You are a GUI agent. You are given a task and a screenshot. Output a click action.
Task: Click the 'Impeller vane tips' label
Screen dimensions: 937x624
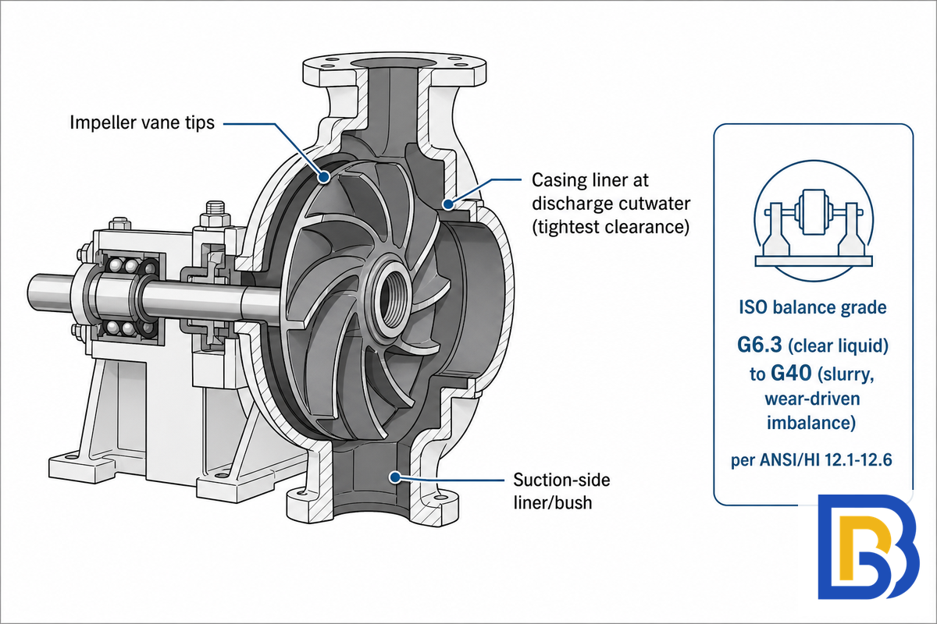pos(142,123)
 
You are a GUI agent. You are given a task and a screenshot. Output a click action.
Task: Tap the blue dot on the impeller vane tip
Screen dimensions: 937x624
pos(323,177)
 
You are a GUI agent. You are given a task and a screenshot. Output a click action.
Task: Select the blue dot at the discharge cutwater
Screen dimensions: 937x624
pos(448,204)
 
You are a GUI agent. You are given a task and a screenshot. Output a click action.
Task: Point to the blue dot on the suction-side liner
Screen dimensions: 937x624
pos(394,477)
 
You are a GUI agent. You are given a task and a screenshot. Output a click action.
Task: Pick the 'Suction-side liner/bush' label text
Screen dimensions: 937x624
pos(561,491)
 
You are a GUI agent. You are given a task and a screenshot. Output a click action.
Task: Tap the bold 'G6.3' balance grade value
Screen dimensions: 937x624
pos(759,346)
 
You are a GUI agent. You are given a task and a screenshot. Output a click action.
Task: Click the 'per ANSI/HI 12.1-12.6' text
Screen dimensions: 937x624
pos(811,460)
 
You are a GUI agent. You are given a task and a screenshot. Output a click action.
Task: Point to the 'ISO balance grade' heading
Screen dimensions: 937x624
pos(812,307)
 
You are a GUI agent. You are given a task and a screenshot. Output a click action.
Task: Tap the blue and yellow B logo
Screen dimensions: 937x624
pos(868,547)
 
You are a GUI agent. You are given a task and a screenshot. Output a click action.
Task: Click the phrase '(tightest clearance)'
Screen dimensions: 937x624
pos(611,227)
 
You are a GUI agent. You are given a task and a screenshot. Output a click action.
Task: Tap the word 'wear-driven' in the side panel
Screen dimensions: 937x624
pos(812,399)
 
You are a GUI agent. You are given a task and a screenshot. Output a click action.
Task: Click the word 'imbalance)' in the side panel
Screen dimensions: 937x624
pos(811,423)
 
